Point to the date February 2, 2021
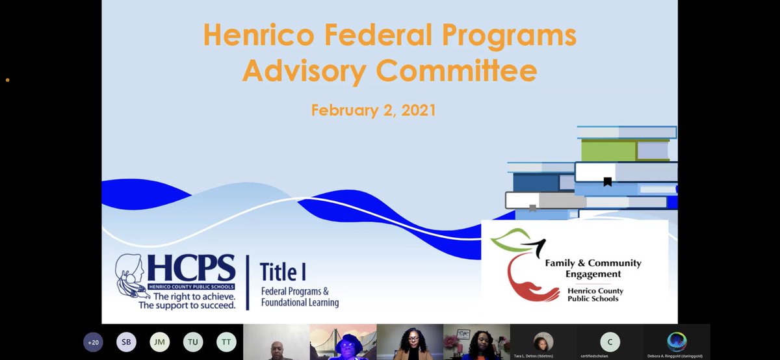tap(373, 110)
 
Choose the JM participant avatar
tap(159, 342)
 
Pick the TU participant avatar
tap(193, 342)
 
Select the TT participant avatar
tap(226, 342)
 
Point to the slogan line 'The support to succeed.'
tap(187, 304)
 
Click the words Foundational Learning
tap(300, 302)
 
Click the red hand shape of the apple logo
tap(528, 286)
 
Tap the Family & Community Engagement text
tap(592, 268)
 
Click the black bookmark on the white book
tap(607, 181)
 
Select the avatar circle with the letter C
tap(610, 342)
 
